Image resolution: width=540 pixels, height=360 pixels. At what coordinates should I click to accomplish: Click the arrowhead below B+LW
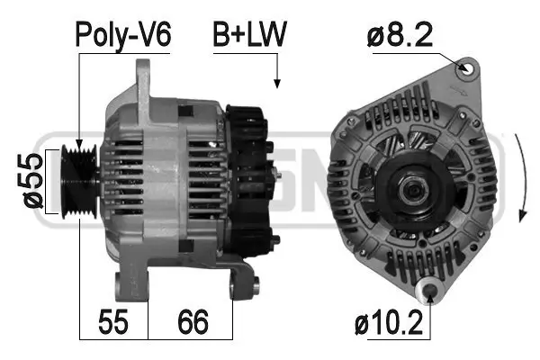[277, 83]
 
